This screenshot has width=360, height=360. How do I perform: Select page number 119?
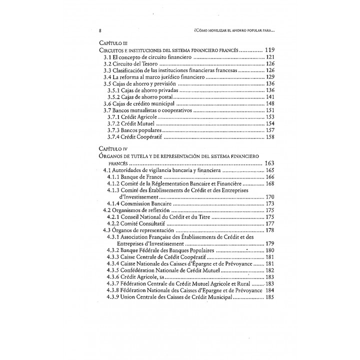click(x=270, y=50)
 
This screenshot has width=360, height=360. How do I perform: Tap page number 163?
click(x=270, y=163)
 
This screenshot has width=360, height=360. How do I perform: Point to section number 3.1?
click(x=108, y=58)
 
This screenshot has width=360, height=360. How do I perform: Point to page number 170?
click(x=270, y=197)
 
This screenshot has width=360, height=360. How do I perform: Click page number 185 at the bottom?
click(x=270, y=296)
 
